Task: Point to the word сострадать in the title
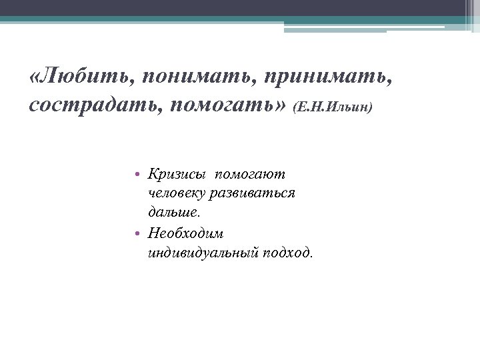tap(87, 105)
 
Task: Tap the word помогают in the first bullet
tap(250, 174)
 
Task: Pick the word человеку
tap(177, 193)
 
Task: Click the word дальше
tap(172, 213)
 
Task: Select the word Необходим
tap(186, 233)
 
